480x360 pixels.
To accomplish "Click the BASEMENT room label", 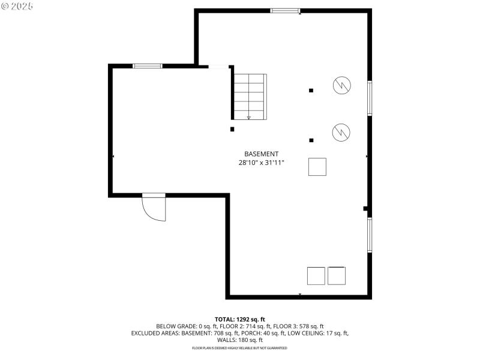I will pyautogui.click(x=261, y=154).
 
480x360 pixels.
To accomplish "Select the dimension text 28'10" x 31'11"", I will pyautogui.click(x=261, y=163).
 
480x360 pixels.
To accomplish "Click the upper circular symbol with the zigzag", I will pyautogui.click(x=342, y=85).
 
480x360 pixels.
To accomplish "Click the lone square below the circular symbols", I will pyautogui.click(x=317, y=167).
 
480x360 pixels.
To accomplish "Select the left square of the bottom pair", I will pyautogui.click(x=316, y=275).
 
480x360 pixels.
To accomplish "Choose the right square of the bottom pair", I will pyautogui.click(x=337, y=275).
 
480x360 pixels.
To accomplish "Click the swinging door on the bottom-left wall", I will pyautogui.click(x=154, y=208).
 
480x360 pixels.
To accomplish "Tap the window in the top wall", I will pyautogui.click(x=285, y=10).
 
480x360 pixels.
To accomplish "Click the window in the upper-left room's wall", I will pyautogui.click(x=148, y=65).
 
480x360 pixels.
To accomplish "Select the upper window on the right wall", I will pyautogui.click(x=370, y=97).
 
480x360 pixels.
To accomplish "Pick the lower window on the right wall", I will pyautogui.click(x=370, y=235).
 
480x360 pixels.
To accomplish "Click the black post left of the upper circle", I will pyautogui.click(x=311, y=91).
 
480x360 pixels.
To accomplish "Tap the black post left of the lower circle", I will pyautogui.click(x=311, y=140).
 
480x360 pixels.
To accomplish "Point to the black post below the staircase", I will pyautogui.click(x=232, y=128).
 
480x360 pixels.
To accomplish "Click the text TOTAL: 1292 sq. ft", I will pyautogui.click(x=240, y=319).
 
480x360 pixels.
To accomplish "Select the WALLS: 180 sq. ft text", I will pyautogui.click(x=240, y=340).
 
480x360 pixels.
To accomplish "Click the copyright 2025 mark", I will pyautogui.click(x=17, y=6).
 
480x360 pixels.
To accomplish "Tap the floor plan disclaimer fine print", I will pyautogui.click(x=240, y=348).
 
